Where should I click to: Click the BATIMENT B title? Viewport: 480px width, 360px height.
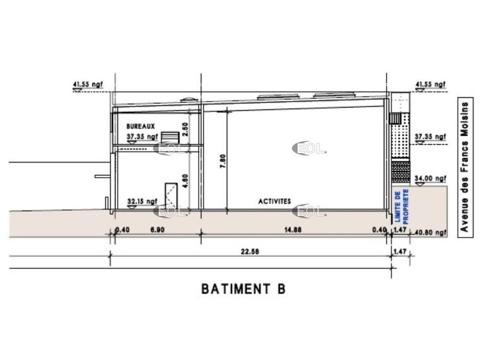(x=243, y=288)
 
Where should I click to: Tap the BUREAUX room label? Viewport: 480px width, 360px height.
(x=141, y=126)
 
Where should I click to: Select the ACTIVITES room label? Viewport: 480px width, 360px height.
(x=275, y=201)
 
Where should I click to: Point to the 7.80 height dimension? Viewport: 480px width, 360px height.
(x=223, y=161)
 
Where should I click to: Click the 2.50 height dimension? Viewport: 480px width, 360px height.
(x=185, y=129)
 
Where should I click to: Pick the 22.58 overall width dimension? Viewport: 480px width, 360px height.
(x=250, y=252)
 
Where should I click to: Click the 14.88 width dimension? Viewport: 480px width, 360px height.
(x=293, y=229)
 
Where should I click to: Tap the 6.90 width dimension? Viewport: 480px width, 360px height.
(x=157, y=229)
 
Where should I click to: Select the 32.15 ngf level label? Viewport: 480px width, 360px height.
(x=143, y=201)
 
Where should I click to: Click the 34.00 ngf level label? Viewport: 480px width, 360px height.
(x=431, y=178)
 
